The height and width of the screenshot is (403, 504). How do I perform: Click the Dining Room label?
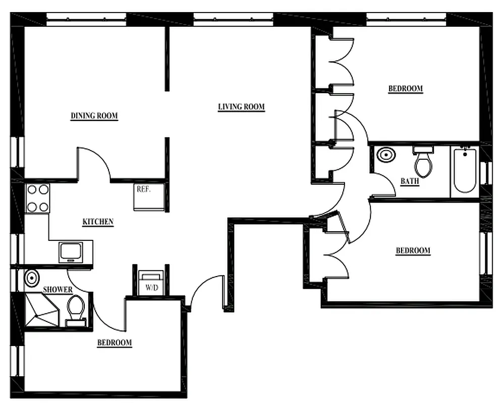click(x=94, y=116)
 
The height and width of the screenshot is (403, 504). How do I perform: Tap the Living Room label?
click(x=241, y=107)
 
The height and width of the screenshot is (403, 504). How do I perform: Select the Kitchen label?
click(x=98, y=222)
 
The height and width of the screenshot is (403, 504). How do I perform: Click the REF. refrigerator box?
click(x=149, y=196)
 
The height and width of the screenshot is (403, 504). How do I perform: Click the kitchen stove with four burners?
click(x=37, y=198)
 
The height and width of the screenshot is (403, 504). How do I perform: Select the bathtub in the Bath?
click(x=464, y=171)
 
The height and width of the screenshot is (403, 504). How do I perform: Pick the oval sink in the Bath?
click(x=386, y=155)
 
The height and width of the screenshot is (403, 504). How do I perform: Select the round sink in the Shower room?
click(x=32, y=278)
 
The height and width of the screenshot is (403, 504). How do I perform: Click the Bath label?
click(x=409, y=181)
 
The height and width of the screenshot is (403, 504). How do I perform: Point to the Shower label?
click(x=58, y=290)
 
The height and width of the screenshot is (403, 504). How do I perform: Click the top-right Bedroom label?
click(x=405, y=89)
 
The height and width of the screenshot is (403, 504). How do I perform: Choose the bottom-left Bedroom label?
click(x=114, y=343)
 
